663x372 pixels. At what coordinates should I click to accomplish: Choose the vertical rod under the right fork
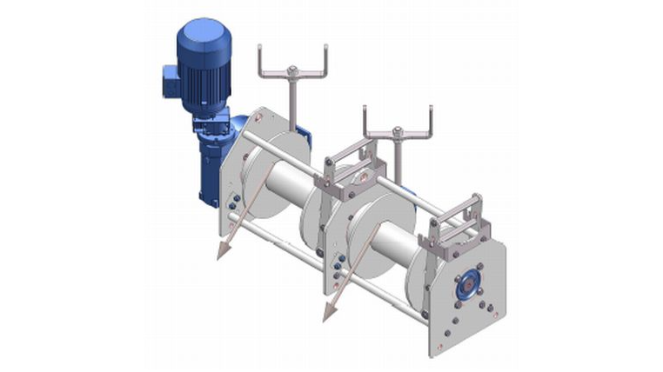398,156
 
